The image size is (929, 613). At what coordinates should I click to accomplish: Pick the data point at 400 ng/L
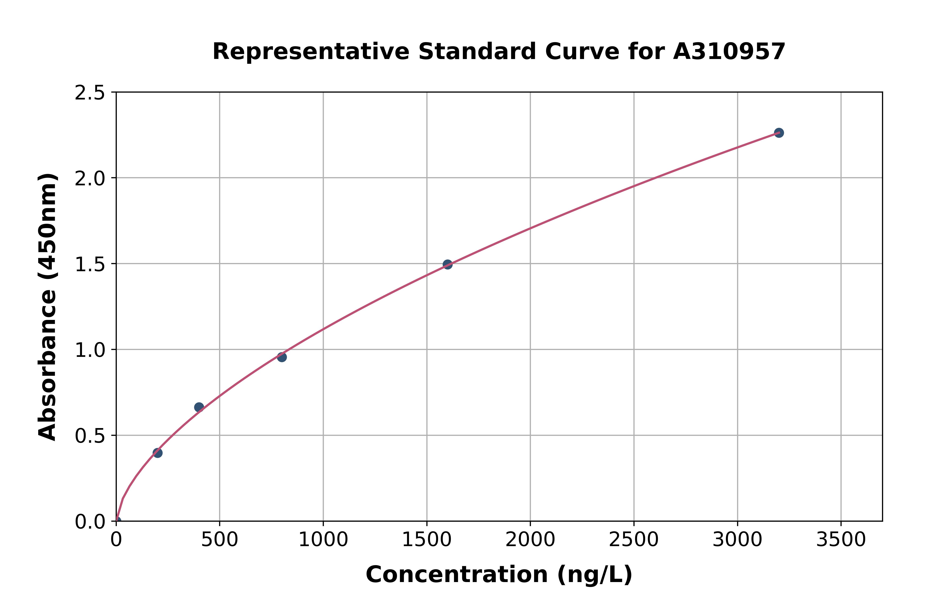(199, 407)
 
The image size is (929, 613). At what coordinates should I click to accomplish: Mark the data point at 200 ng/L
(158, 453)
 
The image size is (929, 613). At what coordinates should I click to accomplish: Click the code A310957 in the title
(729, 52)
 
